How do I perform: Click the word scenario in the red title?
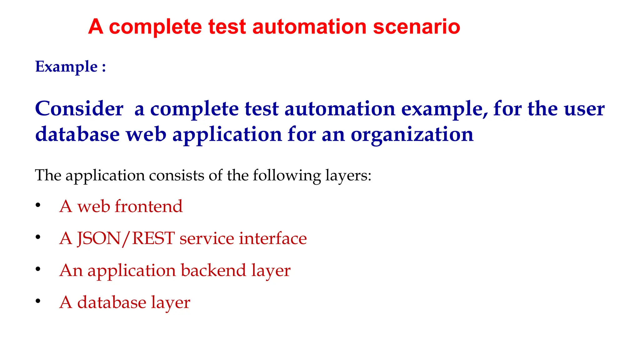tap(416, 27)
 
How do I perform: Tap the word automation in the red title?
tap(309, 27)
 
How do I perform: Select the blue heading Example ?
tap(71, 67)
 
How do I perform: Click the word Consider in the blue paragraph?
tap(79, 109)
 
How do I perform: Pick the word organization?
tap(412, 134)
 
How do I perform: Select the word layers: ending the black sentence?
tap(348, 175)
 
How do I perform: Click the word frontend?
tap(148, 206)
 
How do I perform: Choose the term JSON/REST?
tap(126, 238)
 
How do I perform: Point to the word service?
tap(207, 238)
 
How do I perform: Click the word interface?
tap(273, 238)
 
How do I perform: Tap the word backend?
tap(213, 270)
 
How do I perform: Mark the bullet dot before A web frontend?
tap(38, 205)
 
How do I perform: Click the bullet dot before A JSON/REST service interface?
tap(38, 237)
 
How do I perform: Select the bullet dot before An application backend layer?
tap(38, 269)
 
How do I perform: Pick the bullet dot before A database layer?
tap(38, 301)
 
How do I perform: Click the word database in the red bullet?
tap(112, 302)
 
